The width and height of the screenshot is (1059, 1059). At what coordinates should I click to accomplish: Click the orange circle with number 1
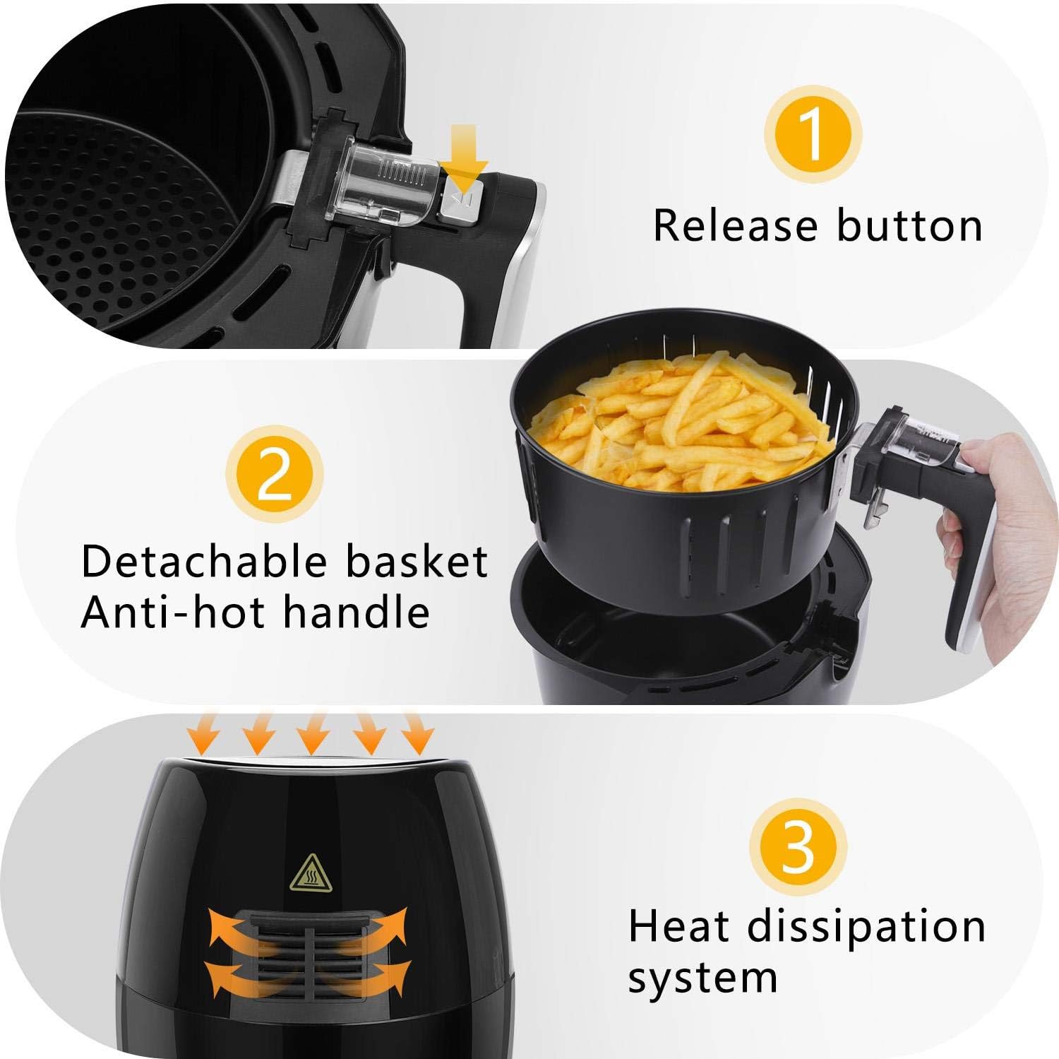point(813,134)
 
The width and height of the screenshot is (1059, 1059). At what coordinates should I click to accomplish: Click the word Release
point(736,225)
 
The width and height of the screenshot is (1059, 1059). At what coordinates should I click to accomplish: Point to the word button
point(910,225)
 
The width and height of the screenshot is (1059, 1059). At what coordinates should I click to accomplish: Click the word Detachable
point(204,562)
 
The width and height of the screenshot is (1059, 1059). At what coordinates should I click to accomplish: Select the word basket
point(417,562)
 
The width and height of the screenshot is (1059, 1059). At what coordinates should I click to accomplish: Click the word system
point(702,978)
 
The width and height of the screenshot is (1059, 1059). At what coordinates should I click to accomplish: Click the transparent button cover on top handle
point(385,180)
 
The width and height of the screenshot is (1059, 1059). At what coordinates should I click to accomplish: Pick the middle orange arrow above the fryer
point(312,733)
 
